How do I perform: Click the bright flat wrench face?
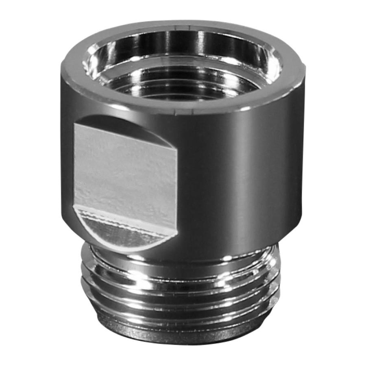[x=124, y=171]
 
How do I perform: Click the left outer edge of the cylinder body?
[x=63, y=163]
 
